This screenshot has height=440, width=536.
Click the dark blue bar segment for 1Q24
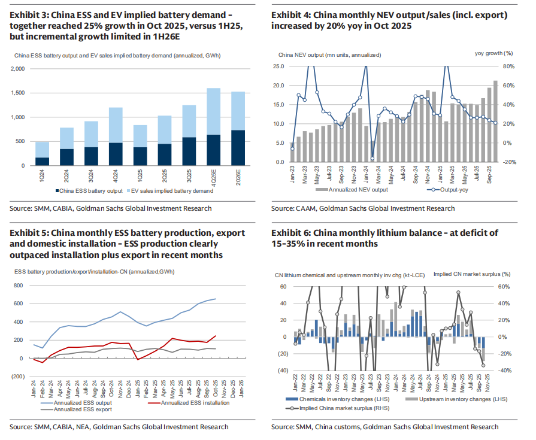click(43, 161)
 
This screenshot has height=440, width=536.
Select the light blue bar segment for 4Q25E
click(213, 111)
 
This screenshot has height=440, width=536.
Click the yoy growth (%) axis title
click(493, 54)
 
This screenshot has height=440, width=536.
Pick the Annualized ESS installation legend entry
click(188, 402)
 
